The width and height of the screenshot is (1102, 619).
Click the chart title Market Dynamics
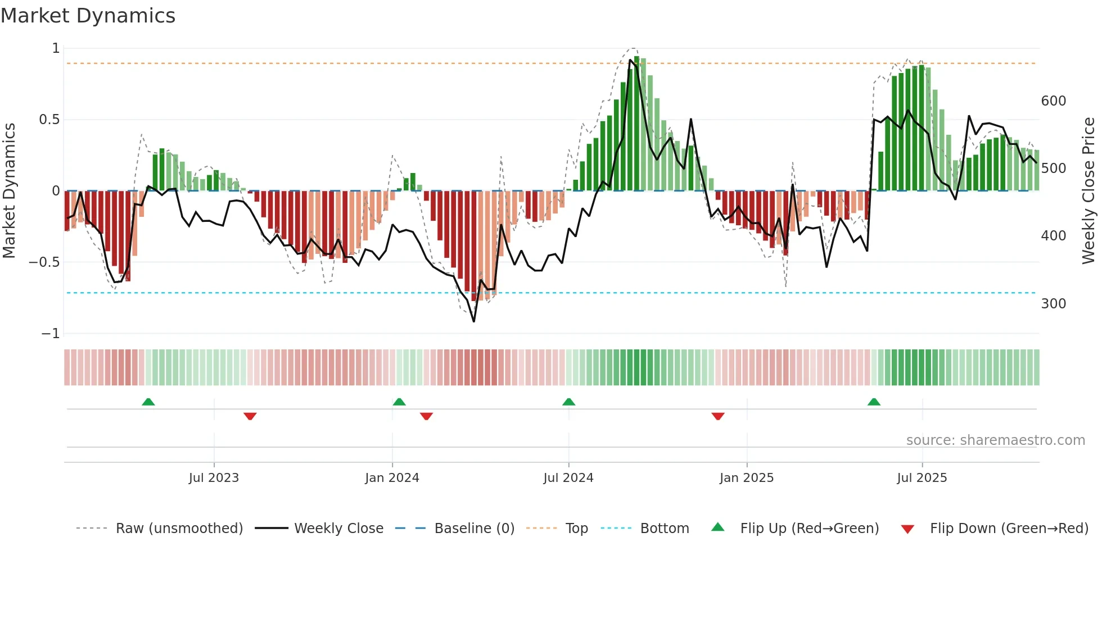point(88,16)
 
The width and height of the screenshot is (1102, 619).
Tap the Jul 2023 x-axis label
point(214,478)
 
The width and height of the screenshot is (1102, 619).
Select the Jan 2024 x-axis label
point(392,478)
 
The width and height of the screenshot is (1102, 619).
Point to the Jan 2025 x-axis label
point(747,478)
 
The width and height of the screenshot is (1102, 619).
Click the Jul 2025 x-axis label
point(922,478)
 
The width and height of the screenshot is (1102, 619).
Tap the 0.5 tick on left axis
point(49,120)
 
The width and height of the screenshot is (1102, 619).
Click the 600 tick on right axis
point(1053,101)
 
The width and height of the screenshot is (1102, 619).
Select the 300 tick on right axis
point(1053,304)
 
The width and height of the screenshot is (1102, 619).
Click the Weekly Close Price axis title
point(1089,191)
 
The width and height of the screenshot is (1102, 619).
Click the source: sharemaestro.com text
point(995,440)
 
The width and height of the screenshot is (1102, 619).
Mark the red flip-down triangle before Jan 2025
point(718,416)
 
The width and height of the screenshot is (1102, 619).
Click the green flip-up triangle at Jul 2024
point(568,402)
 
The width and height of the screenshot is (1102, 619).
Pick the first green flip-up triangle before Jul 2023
point(148,402)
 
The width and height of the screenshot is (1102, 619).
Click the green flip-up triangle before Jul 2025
point(874,402)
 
